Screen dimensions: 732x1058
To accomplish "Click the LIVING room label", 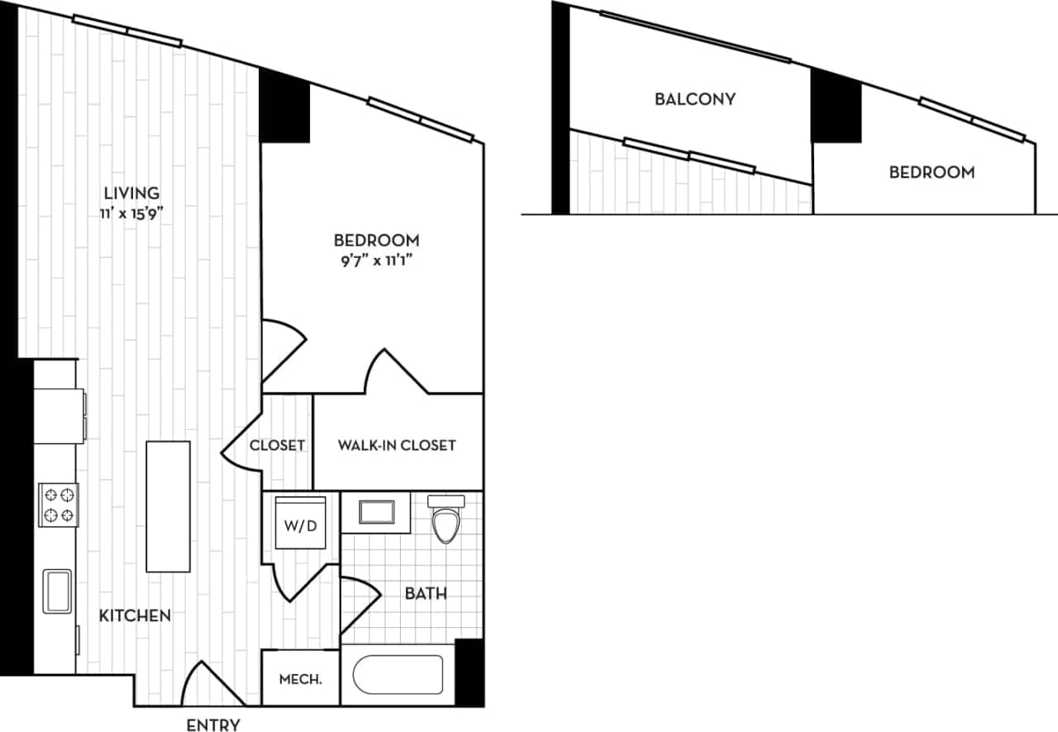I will click(x=131, y=193).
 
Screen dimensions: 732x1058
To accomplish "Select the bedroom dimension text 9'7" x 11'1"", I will click(x=376, y=259).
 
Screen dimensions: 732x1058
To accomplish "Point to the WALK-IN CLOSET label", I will click(x=397, y=445).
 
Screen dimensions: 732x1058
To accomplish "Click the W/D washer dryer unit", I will click(x=301, y=526).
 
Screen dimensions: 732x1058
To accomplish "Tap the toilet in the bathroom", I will click(x=446, y=519).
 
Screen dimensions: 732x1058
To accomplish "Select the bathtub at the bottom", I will click(x=398, y=675).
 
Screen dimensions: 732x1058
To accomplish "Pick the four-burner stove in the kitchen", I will click(x=59, y=505).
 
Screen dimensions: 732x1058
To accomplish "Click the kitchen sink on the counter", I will click(x=57, y=591).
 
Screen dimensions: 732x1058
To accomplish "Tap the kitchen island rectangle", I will click(x=168, y=506).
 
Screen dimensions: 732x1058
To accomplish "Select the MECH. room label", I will click(x=300, y=680).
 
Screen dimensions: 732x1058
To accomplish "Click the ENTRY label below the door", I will click(x=213, y=725).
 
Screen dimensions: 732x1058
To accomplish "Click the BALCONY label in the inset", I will click(x=695, y=99).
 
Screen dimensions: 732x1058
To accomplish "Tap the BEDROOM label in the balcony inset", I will click(x=932, y=173).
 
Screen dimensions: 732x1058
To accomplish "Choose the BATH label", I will click(x=427, y=593).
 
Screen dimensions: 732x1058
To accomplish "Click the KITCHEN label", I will click(x=135, y=615).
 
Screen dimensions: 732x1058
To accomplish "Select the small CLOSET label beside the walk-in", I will click(x=278, y=445).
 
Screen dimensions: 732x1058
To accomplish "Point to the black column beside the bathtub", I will click(x=469, y=672).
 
